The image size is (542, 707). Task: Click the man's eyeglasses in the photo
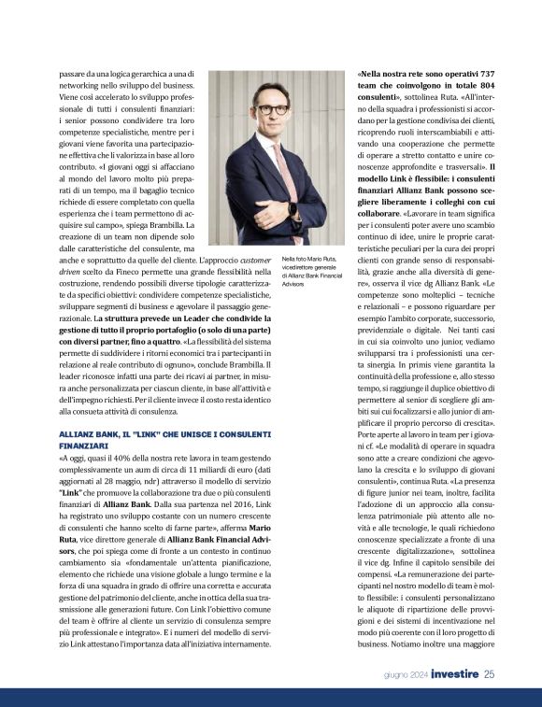(273, 108)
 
